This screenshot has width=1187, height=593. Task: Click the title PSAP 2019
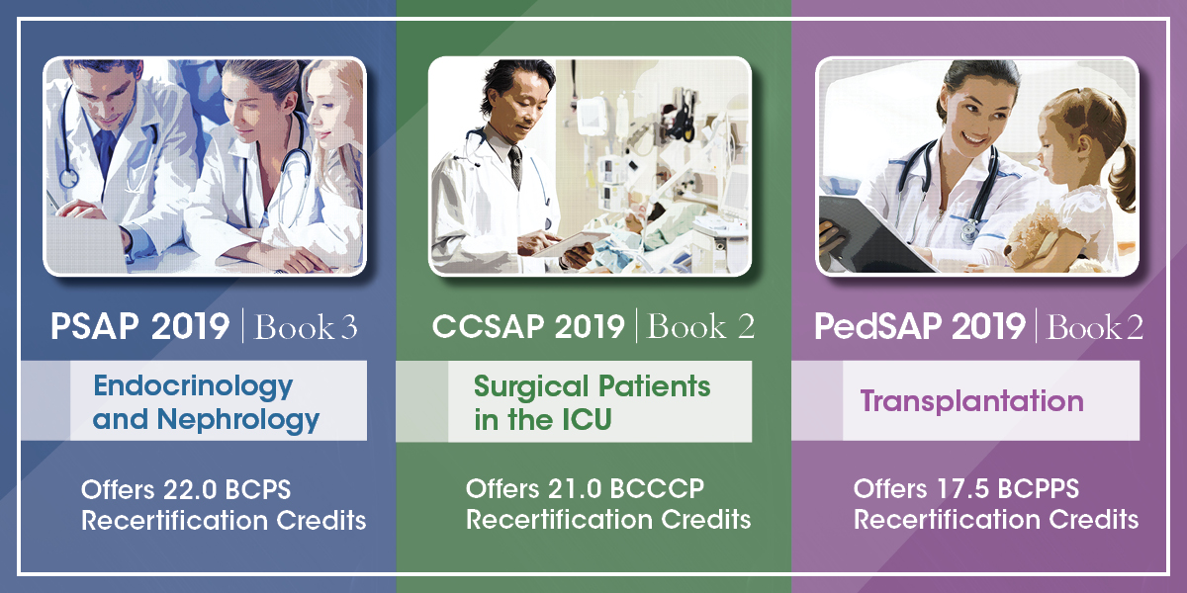coord(140,328)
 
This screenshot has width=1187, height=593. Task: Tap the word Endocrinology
coord(193,385)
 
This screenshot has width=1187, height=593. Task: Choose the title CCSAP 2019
coord(528,328)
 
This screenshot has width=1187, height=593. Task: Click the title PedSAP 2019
coord(921,328)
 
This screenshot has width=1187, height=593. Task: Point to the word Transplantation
coord(971,402)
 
